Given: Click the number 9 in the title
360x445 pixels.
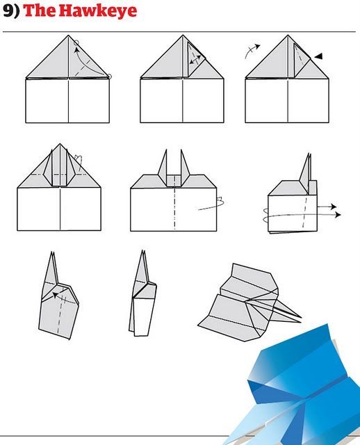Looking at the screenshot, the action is click(8, 11).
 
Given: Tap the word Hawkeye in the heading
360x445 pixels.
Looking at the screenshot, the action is click(98, 12).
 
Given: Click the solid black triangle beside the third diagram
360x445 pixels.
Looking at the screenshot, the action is click(318, 56).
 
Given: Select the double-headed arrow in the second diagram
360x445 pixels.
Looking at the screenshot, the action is click(195, 60).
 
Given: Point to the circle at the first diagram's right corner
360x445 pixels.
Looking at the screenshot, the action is click(109, 76).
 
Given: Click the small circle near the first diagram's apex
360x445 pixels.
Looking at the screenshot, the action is click(76, 43).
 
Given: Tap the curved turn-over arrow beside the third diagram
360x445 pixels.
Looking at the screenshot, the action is click(252, 51).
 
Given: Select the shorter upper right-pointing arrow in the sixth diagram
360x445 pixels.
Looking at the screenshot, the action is click(327, 207).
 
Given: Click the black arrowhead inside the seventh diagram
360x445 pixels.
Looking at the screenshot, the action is click(56, 295).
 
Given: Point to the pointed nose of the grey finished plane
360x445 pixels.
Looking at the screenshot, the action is click(300, 317).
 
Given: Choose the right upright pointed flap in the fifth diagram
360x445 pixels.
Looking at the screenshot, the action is click(184, 168).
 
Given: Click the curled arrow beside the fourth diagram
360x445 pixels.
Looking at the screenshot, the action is click(79, 162).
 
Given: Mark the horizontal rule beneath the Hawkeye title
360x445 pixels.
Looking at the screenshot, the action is click(179, 32).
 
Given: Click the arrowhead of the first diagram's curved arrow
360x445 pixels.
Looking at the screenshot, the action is click(76, 50).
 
